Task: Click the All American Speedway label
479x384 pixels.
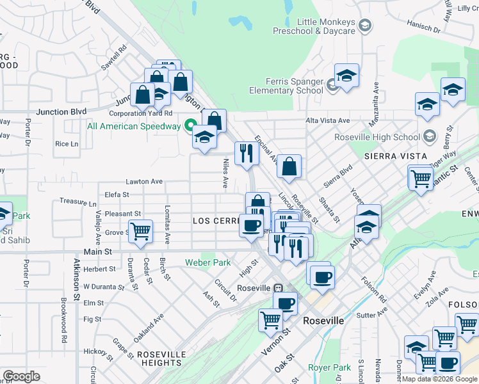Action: (134, 125)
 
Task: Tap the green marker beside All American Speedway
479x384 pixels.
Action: (190, 125)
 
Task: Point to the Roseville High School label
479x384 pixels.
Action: (377, 137)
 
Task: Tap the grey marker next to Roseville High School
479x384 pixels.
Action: (429, 136)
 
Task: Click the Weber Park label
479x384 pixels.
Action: (207, 262)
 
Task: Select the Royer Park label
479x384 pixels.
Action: (329, 367)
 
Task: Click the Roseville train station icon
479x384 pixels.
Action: (279, 288)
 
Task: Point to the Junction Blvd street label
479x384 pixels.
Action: (61, 112)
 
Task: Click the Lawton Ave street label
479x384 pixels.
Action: (144, 182)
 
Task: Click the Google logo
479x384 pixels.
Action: (22, 376)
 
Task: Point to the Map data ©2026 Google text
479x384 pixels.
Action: (439, 379)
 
